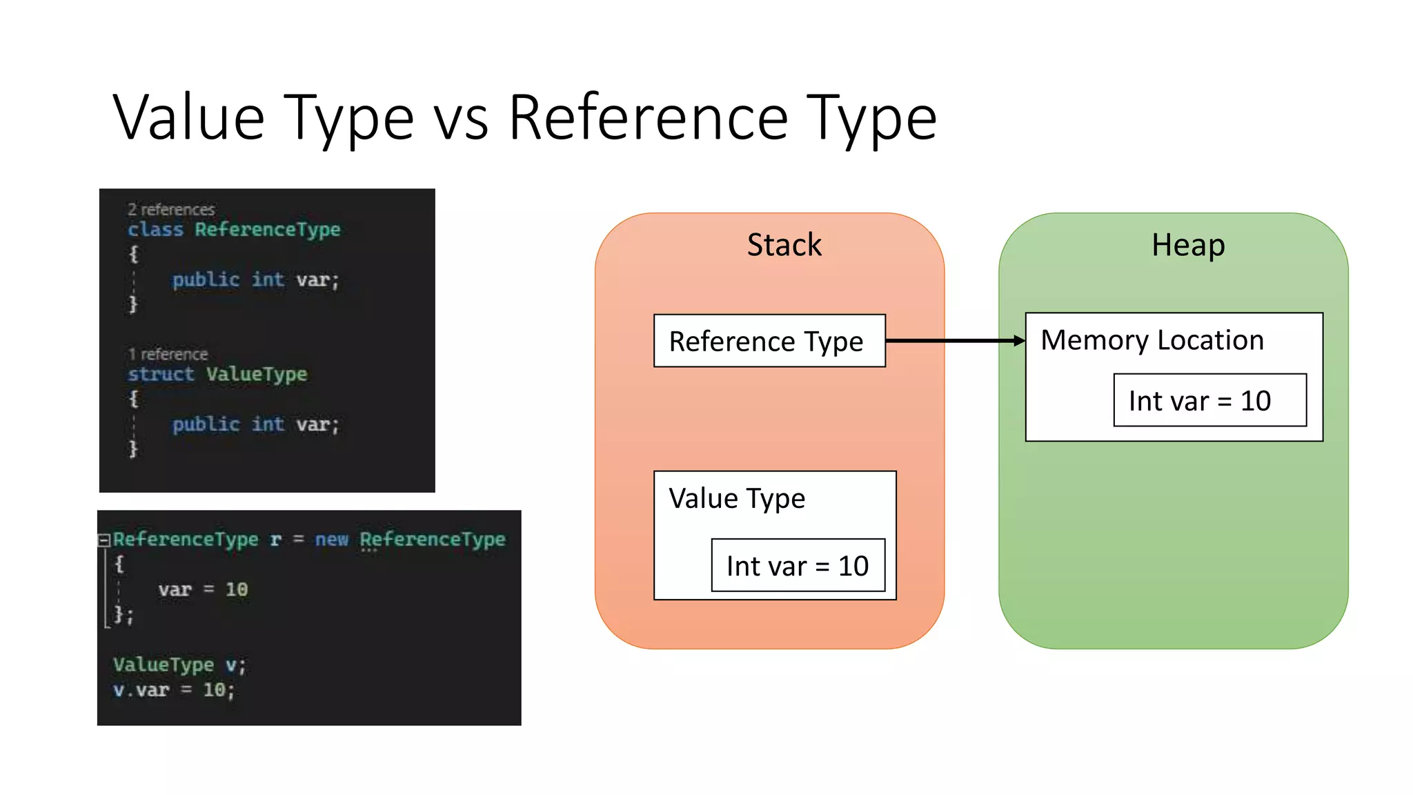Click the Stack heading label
(784, 245)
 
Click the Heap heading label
(1187, 245)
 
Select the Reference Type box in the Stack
(769, 341)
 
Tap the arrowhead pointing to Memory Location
(1019, 341)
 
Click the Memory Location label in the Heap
(1152, 340)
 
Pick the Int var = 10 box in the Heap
(1209, 400)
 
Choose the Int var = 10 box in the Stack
(798, 565)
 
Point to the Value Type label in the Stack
(737, 498)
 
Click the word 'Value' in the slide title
(188, 118)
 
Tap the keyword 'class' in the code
(155, 229)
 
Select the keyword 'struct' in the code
(161, 374)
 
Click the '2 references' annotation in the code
(171, 209)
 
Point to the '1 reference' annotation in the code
(168, 354)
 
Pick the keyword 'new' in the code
(332, 539)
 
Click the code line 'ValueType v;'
(179, 665)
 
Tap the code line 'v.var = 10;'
(174, 689)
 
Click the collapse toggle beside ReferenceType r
(104, 540)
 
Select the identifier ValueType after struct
(257, 374)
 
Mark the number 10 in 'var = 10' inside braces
(237, 589)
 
